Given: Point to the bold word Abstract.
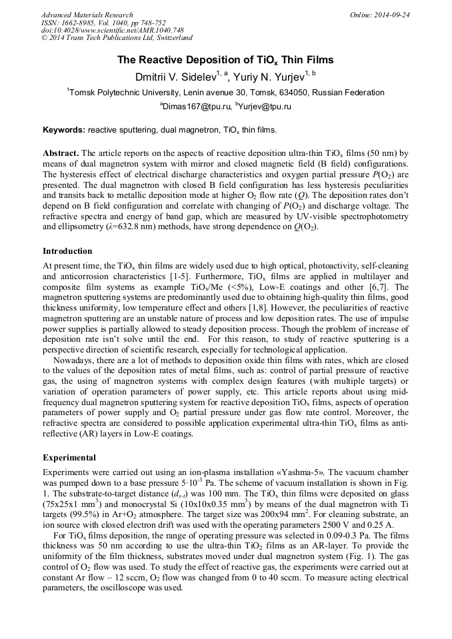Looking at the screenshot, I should tap(61, 153).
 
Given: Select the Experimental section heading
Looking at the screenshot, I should tap(69, 458).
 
